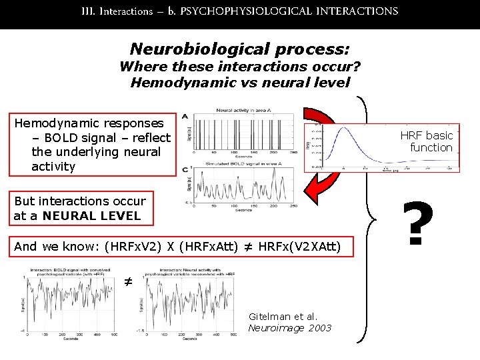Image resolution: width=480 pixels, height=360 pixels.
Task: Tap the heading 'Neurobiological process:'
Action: [240, 49]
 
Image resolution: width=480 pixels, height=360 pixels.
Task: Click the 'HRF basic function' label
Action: [427, 141]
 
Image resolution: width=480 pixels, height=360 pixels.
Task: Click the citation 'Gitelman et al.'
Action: [283, 316]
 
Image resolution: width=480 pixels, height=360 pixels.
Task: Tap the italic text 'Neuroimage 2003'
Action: [290, 327]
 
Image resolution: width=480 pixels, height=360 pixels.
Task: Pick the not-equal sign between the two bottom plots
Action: [128, 282]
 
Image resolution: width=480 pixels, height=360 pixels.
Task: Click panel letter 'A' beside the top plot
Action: [185, 116]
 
